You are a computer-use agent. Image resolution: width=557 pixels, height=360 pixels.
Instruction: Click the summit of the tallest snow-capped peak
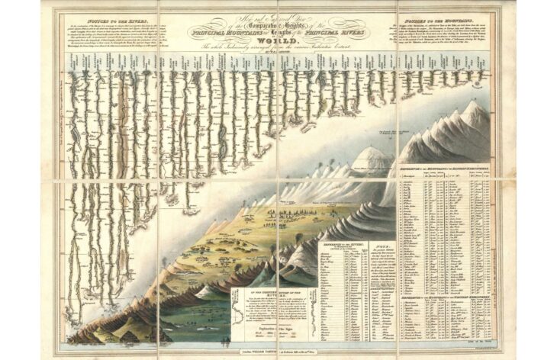pos(478,104)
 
